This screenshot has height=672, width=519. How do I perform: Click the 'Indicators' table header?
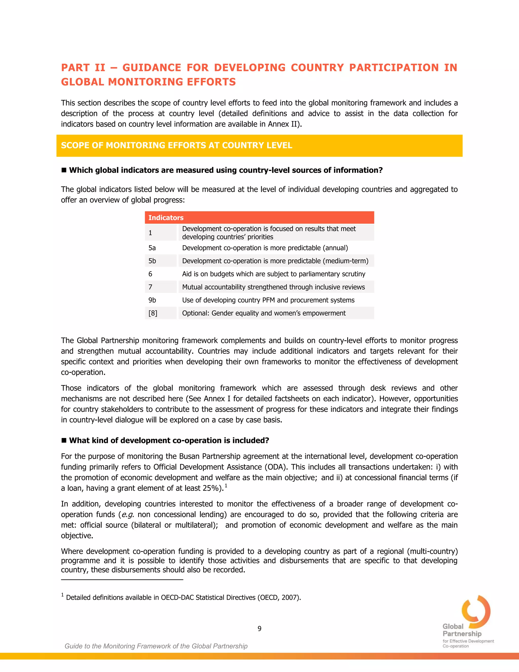166,218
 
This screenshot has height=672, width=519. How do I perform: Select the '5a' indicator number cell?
152,248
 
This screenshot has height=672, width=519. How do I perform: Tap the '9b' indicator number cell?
152,300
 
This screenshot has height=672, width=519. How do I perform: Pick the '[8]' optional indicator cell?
153,313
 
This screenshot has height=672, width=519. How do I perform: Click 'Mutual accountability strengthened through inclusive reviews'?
273,287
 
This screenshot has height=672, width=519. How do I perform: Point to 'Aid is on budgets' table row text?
274,274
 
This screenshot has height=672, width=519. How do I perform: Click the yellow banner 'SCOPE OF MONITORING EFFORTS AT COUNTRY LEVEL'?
176,145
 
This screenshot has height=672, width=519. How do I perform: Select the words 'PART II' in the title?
83,67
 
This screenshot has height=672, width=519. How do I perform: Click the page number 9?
259,629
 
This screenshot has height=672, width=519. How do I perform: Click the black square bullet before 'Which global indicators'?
64,170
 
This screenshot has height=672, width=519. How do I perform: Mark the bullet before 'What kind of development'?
64,440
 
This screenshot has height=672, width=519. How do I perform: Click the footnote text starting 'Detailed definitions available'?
183,597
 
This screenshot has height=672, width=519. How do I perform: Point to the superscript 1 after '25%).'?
226,486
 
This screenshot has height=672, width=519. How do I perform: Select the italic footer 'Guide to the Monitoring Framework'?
156,646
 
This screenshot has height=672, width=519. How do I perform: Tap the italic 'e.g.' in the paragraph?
128,515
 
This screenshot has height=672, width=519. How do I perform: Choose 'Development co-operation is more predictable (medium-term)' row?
275,261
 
